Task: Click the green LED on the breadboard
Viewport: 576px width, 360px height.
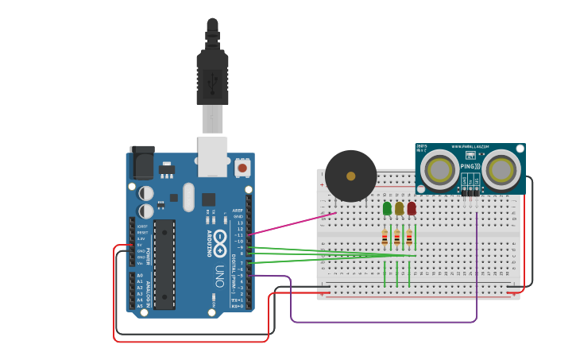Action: [x=387, y=208]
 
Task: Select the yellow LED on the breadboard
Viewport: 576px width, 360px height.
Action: [x=399, y=208]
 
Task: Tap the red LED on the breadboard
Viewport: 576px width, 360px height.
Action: [x=411, y=208]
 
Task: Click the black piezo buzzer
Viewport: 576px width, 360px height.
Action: [x=350, y=176]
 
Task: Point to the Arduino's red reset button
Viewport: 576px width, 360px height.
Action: [x=242, y=168]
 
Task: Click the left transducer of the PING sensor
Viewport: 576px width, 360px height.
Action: [x=439, y=169]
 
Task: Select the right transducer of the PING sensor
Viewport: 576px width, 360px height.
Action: [x=501, y=169]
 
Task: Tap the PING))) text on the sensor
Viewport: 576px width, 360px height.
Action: [x=470, y=166]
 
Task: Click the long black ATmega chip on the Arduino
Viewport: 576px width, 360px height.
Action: [x=164, y=264]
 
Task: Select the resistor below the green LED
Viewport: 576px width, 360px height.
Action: [x=385, y=237]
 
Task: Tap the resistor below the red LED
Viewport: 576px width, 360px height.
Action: [x=409, y=237]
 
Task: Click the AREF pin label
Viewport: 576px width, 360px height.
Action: [x=238, y=211]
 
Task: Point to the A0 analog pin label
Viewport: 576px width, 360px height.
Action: [x=141, y=276]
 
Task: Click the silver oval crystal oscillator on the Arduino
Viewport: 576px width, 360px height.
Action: [x=188, y=197]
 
